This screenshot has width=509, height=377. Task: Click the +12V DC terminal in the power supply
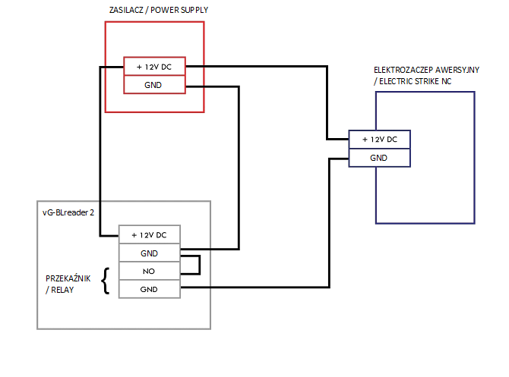click(154, 68)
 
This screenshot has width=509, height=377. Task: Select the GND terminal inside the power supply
click(154, 85)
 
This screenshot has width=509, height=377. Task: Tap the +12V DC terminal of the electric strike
click(379, 140)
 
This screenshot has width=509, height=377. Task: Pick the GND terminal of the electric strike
click(379, 158)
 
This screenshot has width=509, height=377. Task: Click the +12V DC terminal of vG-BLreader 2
click(149, 234)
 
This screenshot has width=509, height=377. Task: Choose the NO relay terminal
click(149, 271)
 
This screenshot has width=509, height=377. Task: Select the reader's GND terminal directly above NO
click(149, 253)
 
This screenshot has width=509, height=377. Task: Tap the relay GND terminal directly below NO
click(149, 289)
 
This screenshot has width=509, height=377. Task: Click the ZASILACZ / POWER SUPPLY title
click(158, 11)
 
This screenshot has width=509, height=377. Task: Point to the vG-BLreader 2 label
click(68, 212)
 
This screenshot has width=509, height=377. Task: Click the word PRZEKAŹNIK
click(68, 278)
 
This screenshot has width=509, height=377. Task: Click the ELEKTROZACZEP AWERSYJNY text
click(425, 69)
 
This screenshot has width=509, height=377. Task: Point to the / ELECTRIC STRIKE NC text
click(413, 80)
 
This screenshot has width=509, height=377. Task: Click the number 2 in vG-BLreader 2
click(92, 212)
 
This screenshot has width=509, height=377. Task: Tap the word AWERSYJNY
click(454, 69)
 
